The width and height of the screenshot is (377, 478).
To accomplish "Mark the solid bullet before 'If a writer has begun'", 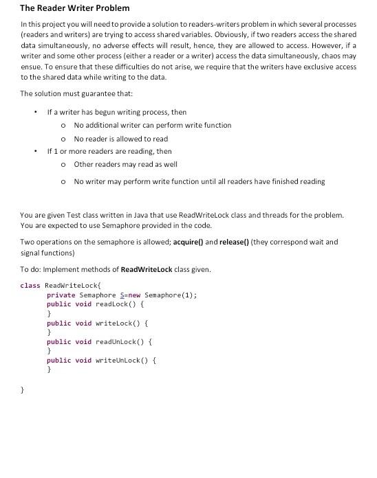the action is tap(35, 113).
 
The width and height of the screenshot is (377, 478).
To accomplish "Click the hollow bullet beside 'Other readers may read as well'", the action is tap(63, 165).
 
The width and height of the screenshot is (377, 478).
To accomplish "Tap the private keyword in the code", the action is tap(61, 295).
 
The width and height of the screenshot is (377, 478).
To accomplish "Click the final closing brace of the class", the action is tap(22, 389).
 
